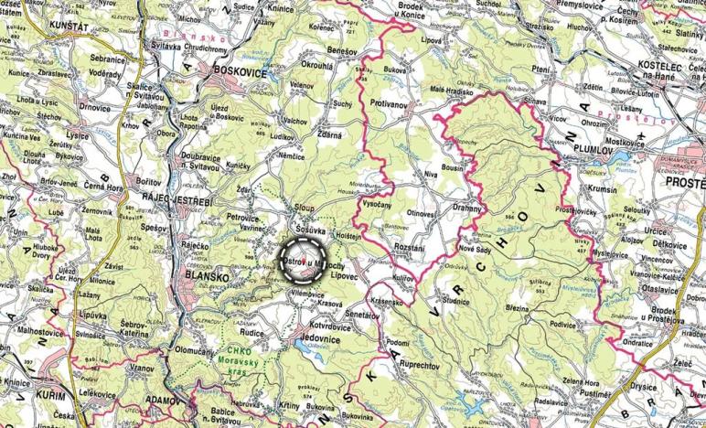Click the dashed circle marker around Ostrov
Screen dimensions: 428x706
click(302, 260)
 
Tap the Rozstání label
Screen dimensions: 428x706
click(407, 247)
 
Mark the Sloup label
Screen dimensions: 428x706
click(305, 208)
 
